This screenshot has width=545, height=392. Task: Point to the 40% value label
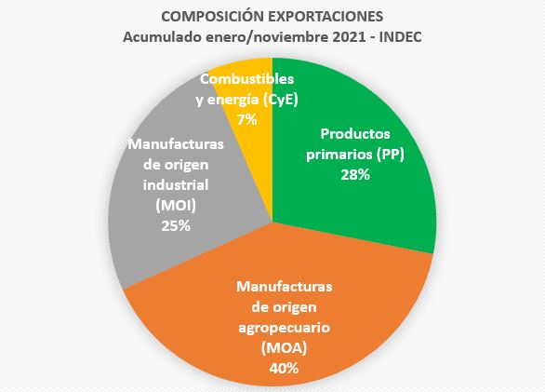click(x=285, y=368)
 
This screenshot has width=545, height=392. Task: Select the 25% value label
click(x=175, y=225)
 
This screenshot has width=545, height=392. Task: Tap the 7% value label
click(x=249, y=120)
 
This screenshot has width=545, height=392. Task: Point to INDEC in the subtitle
click(x=402, y=36)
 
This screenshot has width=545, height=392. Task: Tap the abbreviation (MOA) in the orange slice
click(x=285, y=348)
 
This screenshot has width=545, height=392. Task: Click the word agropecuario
click(x=285, y=328)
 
